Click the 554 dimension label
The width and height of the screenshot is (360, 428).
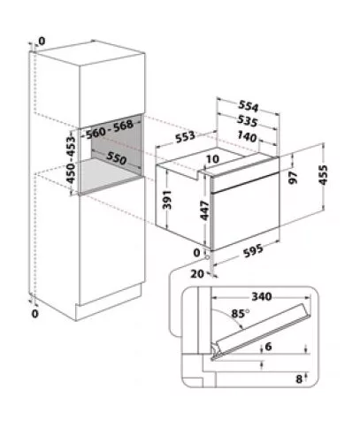click(249, 106)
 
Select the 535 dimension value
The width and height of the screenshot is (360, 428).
click(248, 121)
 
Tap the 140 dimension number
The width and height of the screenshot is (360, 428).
click(247, 136)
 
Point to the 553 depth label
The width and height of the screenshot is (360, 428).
click(185, 137)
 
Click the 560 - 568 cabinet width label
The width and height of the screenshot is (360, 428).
click(110, 129)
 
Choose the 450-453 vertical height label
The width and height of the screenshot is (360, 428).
click(71, 159)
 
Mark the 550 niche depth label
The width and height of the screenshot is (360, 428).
click(117, 158)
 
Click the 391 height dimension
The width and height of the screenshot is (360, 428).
click(167, 200)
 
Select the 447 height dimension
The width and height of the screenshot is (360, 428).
click(204, 210)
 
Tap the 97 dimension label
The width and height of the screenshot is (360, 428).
click(293, 178)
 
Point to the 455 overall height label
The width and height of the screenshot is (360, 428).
click(323, 175)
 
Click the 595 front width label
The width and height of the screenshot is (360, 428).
click(253, 251)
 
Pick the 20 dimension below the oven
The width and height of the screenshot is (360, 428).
click(196, 274)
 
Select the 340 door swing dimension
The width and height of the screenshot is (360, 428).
click(262, 296)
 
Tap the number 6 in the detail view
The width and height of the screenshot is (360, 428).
click(268, 347)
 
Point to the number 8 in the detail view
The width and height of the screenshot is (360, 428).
click(299, 379)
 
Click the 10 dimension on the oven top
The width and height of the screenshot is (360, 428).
click(212, 159)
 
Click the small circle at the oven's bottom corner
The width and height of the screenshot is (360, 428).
click(208, 257)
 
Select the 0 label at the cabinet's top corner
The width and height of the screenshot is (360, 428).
click(42, 42)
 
